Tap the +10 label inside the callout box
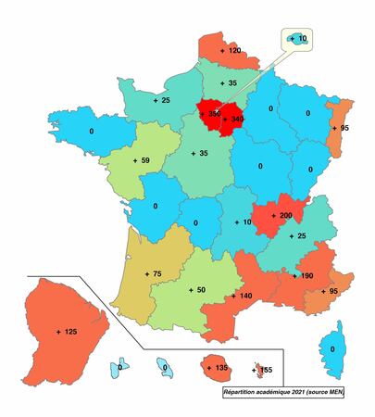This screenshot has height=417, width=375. point(303,39)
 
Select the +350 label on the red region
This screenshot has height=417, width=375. point(209,114)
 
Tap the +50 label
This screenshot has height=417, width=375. point(195,290)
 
